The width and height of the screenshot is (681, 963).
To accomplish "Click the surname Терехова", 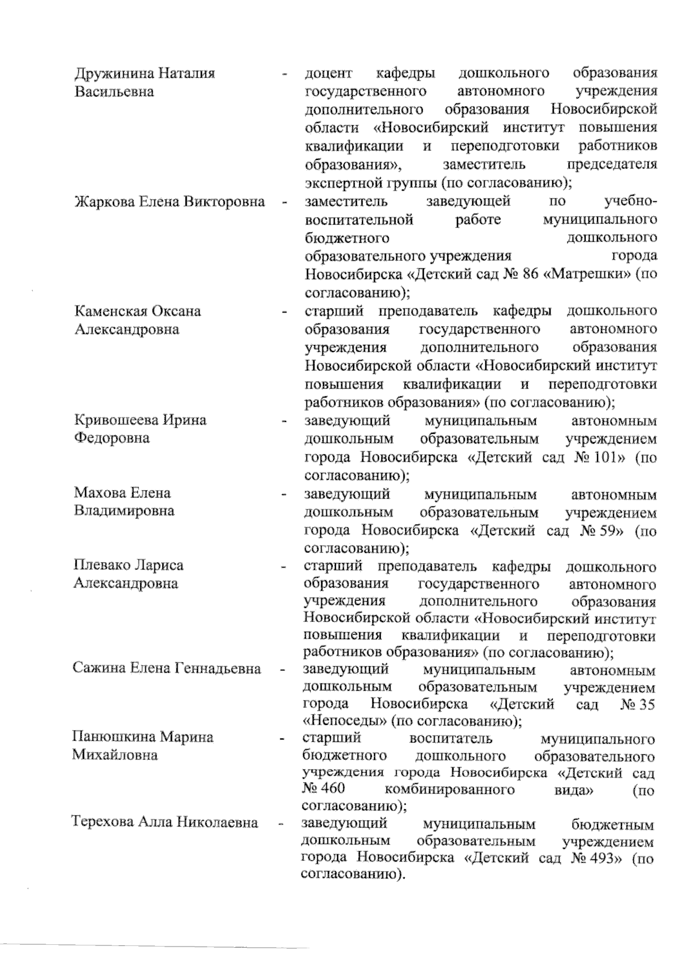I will [x=103, y=822].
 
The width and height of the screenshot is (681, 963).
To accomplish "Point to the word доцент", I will [x=329, y=74].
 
